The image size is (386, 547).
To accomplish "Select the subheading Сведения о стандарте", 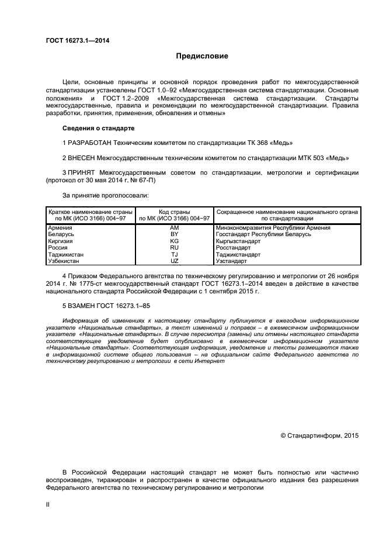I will click(98, 128).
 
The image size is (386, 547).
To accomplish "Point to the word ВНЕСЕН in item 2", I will click(82, 158).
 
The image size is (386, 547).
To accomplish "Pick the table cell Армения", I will click(60, 228).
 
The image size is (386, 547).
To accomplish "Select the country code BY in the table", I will click(174, 234).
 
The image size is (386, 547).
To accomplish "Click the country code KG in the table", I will click(174, 241).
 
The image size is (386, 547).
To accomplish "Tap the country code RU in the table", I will click(174, 248).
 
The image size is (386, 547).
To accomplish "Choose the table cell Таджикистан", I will click(66, 255).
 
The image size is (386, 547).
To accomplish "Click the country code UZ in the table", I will click(174, 261).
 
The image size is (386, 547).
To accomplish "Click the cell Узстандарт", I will click(232, 261).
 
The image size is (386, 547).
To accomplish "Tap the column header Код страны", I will click(174, 212).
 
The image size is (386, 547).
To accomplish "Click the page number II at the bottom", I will click(48, 504).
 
